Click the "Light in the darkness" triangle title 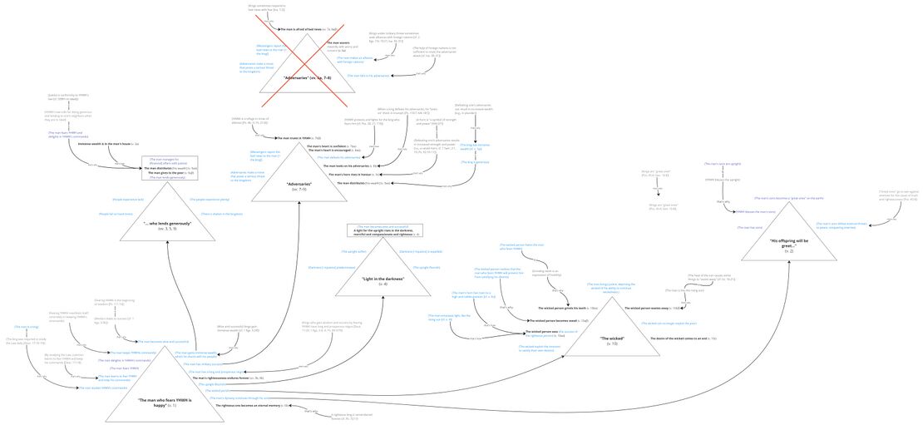pyautogui.click(x=383, y=281)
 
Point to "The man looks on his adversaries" pyautogui.click(x=350, y=166)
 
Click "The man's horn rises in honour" pyautogui.click(x=354, y=175)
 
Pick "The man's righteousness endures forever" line pyautogui.click(x=228, y=378)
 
